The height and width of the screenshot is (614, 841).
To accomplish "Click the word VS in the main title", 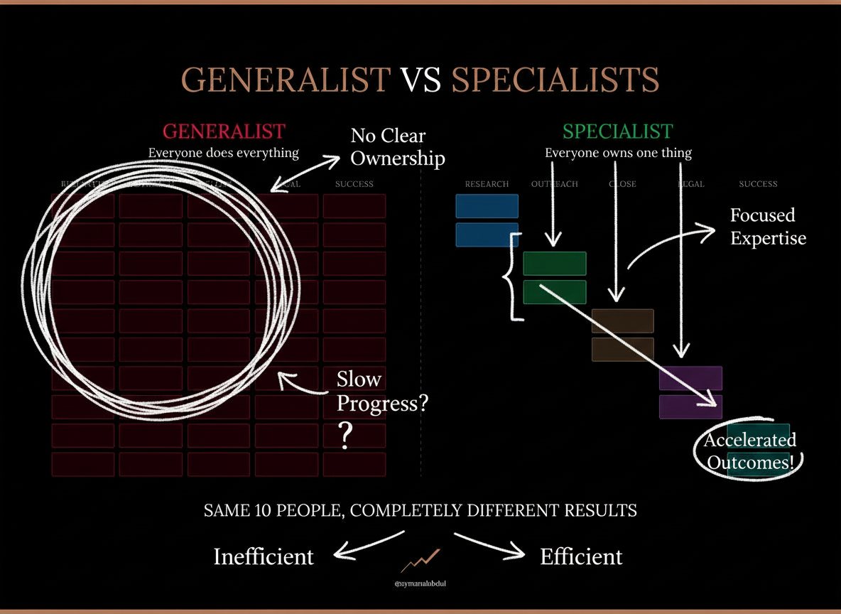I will [x=420, y=80].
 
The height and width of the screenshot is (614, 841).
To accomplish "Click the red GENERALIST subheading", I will [x=224, y=131].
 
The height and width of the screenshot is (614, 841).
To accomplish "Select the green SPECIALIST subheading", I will [x=617, y=131].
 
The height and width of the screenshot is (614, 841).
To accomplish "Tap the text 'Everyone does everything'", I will [x=224, y=153].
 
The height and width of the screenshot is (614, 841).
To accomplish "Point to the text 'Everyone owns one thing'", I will [x=618, y=153].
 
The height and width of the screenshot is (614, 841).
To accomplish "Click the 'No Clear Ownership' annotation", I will [x=397, y=146].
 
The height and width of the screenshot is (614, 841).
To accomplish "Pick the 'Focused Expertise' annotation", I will [x=768, y=226].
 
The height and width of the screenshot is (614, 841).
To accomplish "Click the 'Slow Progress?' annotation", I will [x=382, y=391].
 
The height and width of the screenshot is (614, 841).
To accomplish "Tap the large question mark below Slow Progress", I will [x=346, y=436].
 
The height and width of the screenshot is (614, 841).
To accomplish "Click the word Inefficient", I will [x=264, y=556].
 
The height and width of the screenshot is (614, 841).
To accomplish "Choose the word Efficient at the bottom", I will [x=581, y=556].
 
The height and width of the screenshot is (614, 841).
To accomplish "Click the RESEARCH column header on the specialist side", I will [x=487, y=184].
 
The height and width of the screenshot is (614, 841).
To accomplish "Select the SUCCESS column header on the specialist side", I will [x=758, y=184].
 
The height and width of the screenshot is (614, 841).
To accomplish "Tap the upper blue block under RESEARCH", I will [x=487, y=206].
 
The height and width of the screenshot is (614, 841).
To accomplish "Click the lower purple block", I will [x=690, y=407].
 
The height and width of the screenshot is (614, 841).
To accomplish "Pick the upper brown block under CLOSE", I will [x=622, y=321].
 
